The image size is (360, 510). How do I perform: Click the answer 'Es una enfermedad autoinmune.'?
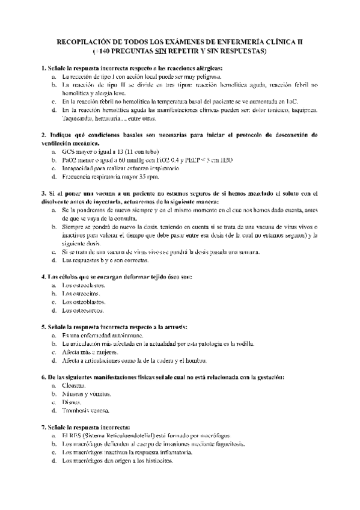pos(103,335)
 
